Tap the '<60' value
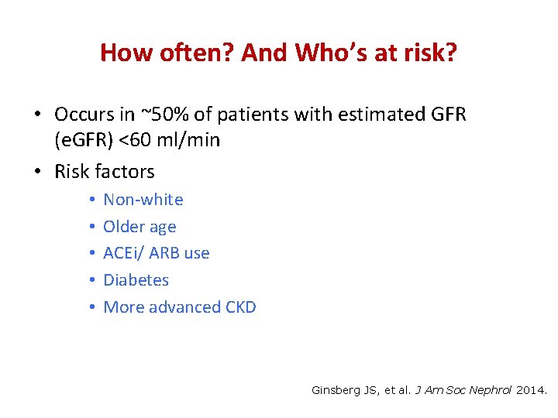tap(150, 140)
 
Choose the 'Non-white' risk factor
tap(143, 200)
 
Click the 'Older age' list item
tap(139, 227)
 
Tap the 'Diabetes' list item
tap(136, 280)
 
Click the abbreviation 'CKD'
tap(240, 307)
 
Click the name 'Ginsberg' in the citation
tap(336, 391)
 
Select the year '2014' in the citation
tap(531, 391)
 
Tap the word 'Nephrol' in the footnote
tap(489, 391)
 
